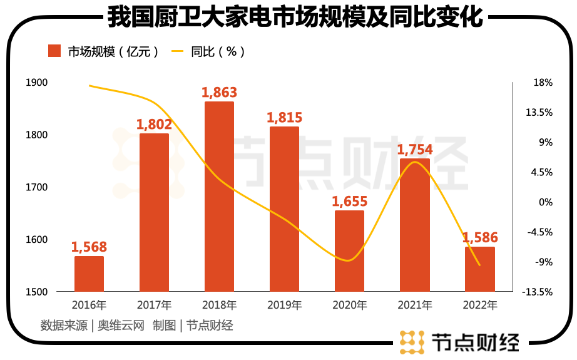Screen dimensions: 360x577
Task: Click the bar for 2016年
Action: (89, 274)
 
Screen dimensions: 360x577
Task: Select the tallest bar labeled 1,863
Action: (219, 197)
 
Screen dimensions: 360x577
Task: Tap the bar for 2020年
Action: (349, 251)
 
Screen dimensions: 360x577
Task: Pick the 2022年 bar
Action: (480, 269)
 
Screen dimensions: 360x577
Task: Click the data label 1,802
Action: (154, 125)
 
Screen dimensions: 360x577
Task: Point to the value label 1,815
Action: (284, 118)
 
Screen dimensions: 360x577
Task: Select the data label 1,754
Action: (415, 150)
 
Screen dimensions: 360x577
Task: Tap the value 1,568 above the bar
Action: (89, 247)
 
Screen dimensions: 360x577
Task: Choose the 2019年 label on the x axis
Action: (284, 306)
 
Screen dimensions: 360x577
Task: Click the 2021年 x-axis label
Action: (415, 306)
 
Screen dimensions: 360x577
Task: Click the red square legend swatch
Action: (54, 51)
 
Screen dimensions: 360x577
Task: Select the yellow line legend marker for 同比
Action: (178, 51)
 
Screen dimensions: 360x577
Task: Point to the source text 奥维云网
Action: (121, 326)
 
